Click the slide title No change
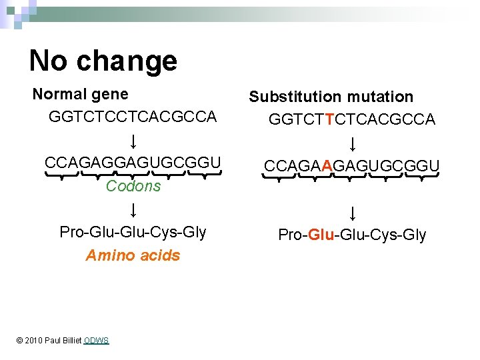coord(103,61)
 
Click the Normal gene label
coord(80,95)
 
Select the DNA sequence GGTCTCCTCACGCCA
coord(133,117)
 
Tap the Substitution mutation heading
coord(331,97)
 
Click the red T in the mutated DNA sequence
coord(331,119)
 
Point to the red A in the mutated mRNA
coord(326,165)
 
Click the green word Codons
coord(133,186)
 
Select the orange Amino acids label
coord(133,255)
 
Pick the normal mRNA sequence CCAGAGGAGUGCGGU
coord(133,163)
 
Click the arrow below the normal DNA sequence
coord(133,141)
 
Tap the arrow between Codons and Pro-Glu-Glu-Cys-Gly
coord(133,210)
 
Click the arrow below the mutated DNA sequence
coord(351,143)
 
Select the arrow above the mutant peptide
coord(351,213)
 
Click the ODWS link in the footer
coord(97,341)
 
